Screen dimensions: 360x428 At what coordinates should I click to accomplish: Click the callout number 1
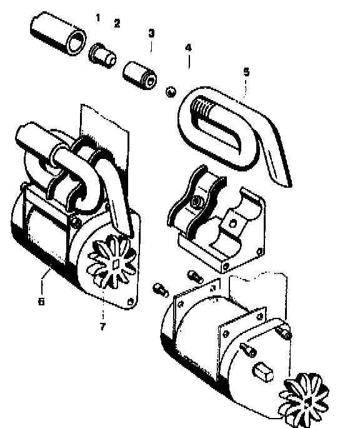tap(98, 18)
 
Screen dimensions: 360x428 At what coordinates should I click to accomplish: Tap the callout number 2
tap(117, 23)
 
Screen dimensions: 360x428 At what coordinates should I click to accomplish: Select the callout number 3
tap(151, 33)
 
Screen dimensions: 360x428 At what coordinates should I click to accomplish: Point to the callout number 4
tap(189, 48)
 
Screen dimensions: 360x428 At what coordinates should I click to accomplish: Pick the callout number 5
tap(246, 72)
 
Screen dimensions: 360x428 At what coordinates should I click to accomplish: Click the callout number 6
tap(41, 302)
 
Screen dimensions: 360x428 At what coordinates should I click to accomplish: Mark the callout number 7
tap(102, 327)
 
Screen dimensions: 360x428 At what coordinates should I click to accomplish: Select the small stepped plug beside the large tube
tap(102, 56)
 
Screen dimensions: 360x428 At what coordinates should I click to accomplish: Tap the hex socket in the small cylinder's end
tap(152, 80)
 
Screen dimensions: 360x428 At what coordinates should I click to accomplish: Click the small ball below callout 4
tap(171, 92)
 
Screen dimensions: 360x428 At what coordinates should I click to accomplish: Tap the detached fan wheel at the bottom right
tap(304, 400)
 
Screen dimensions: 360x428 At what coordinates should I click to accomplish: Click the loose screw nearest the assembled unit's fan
tap(161, 290)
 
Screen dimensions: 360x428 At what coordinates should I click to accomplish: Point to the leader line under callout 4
tap(189, 62)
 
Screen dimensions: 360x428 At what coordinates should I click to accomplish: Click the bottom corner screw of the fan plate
tap(131, 302)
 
